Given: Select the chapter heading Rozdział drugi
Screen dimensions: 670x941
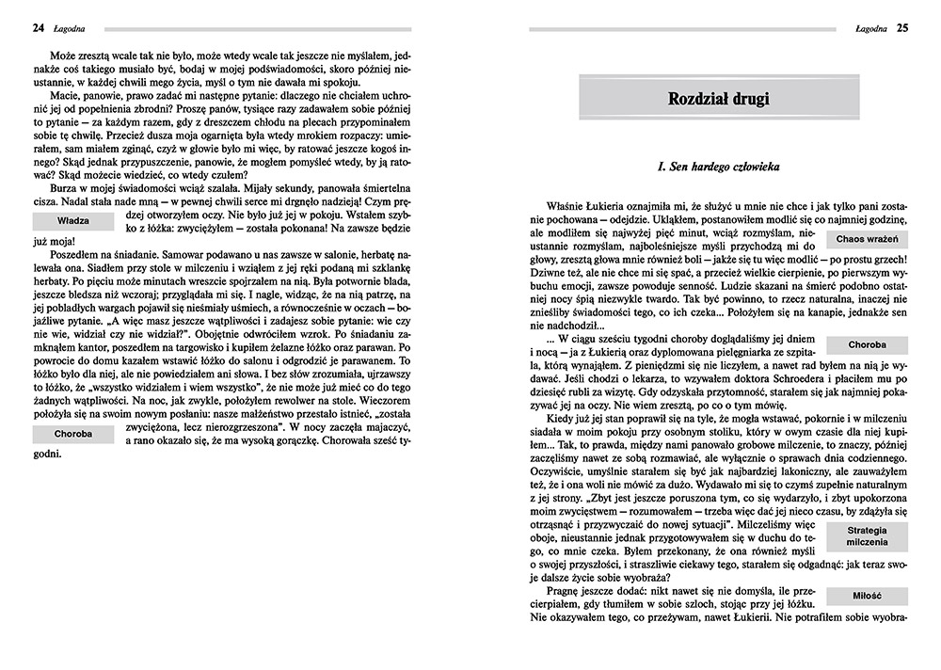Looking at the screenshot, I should pos(718,99).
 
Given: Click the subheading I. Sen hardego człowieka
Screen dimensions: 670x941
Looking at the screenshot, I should pos(718,167).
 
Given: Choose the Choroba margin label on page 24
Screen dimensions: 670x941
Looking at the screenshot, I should pos(72,435).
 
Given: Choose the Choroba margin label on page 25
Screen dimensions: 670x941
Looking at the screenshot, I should pos(866,345).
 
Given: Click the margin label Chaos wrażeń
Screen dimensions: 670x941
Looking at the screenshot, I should pos(866,240).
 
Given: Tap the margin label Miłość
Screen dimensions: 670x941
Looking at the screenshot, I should pos(866,596).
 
